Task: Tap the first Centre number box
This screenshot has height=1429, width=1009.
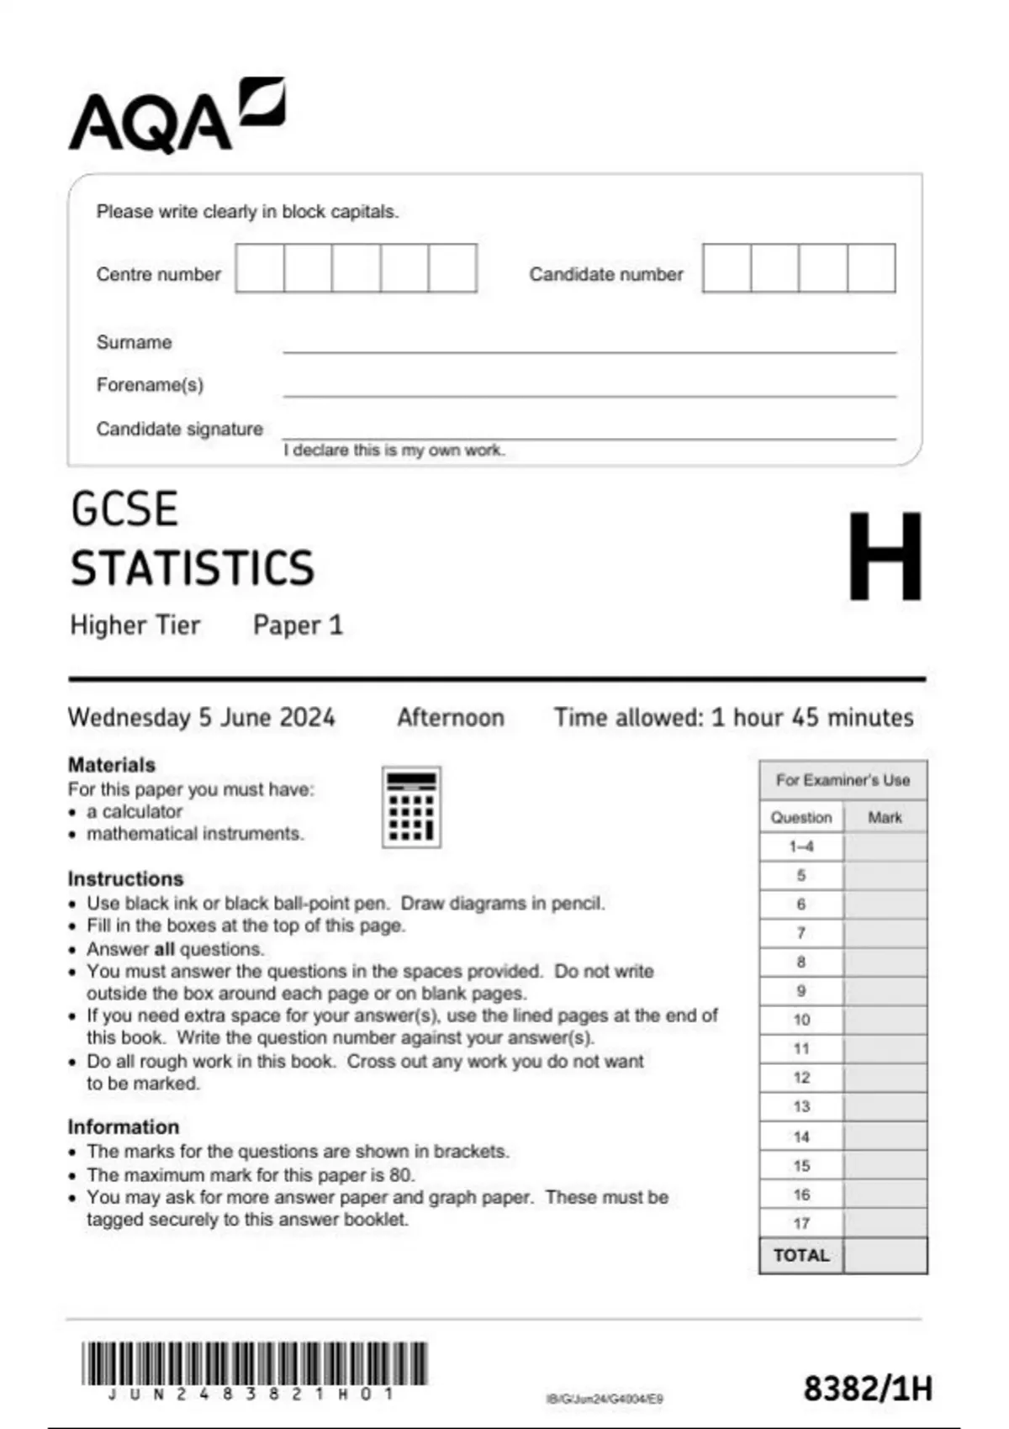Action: click(x=260, y=268)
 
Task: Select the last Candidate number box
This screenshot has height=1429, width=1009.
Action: click(x=871, y=268)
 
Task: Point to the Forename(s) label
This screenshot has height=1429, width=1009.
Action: click(x=150, y=385)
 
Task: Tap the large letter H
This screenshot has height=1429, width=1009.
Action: click(x=885, y=556)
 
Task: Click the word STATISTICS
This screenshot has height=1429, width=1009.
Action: click(x=193, y=568)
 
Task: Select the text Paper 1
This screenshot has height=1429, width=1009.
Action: click(x=298, y=625)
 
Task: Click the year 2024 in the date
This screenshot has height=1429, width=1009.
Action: click(x=307, y=718)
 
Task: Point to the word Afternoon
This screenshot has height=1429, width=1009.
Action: click(x=451, y=718)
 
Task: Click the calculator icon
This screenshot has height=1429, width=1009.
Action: click(x=411, y=807)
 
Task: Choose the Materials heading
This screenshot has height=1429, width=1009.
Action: click(x=112, y=765)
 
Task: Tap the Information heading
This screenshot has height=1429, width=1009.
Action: click(x=124, y=1127)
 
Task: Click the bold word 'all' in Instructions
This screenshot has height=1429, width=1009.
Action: click(x=165, y=949)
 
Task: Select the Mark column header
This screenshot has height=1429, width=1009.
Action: click(x=885, y=817)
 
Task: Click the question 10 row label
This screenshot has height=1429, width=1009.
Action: click(x=801, y=1020)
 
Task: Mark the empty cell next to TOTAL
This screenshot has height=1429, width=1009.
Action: click(x=885, y=1256)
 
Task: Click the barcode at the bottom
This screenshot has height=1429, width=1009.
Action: click(x=254, y=1363)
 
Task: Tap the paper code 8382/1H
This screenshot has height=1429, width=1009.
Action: click(x=868, y=1389)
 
